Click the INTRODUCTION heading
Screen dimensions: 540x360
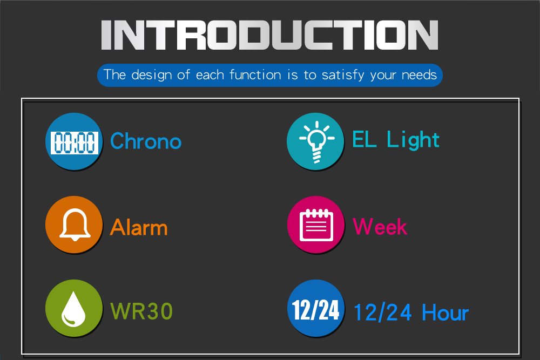point(269,35)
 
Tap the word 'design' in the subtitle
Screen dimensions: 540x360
point(152,75)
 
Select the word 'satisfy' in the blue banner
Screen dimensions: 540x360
point(343,75)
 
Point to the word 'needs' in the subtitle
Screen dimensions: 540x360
point(419,75)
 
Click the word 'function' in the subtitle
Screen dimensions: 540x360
point(255,74)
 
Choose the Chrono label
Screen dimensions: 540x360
point(146,141)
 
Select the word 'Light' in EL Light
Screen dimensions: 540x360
point(413,140)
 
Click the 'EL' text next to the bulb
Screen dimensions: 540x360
point(364,139)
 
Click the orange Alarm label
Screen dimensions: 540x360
point(139,227)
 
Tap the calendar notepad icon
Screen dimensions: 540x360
point(316,225)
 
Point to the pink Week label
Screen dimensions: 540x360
point(380,227)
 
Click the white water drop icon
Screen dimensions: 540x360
point(73,309)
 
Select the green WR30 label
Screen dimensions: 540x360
point(141,311)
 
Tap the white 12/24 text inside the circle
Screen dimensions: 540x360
point(316,310)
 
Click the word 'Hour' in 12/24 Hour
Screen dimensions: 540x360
point(446,313)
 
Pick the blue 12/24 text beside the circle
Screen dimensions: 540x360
point(383,313)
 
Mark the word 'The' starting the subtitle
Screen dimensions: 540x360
point(115,74)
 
